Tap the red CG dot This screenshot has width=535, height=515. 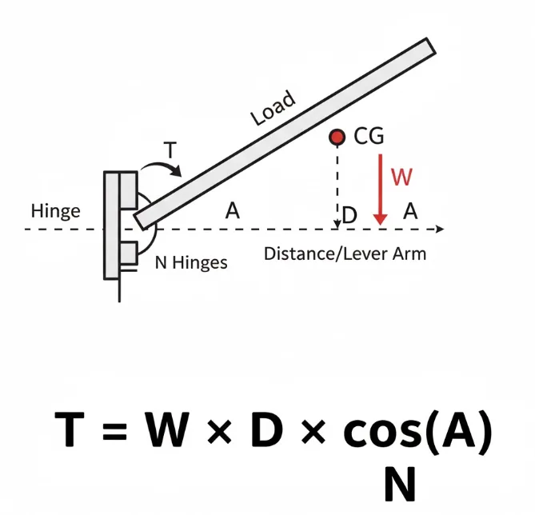(x=337, y=138)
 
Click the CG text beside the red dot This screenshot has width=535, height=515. (x=368, y=138)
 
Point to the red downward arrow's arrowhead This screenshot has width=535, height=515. (x=380, y=218)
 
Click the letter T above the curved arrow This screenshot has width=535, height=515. (x=170, y=150)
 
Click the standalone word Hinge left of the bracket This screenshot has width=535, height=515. (x=55, y=211)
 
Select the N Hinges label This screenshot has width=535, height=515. (x=190, y=261)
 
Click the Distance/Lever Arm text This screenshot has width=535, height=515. (x=345, y=254)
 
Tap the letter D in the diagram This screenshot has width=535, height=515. (x=349, y=215)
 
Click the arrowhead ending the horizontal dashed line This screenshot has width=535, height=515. (x=438, y=230)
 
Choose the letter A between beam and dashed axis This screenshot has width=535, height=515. (x=232, y=211)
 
